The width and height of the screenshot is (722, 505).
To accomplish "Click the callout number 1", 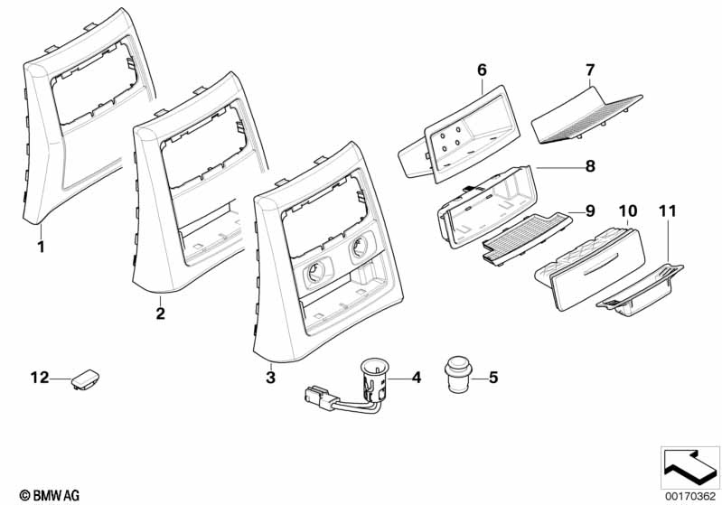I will (x=40, y=245).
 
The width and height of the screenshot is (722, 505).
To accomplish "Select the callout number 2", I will (x=160, y=313).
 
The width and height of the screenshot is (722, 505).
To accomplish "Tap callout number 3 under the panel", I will (x=269, y=377).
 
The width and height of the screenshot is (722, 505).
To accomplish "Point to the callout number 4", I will (x=417, y=377).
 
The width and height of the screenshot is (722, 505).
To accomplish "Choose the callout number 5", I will (x=492, y=377).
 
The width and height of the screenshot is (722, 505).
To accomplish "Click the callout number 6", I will (x=481, y=70).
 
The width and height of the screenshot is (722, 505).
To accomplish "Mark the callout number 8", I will (x=590, y=166).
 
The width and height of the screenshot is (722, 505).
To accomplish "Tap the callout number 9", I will (x=590, y=210).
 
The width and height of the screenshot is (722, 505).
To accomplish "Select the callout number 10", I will (x=627, y=210).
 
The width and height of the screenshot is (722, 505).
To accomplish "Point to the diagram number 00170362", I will (x=689, y=496).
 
